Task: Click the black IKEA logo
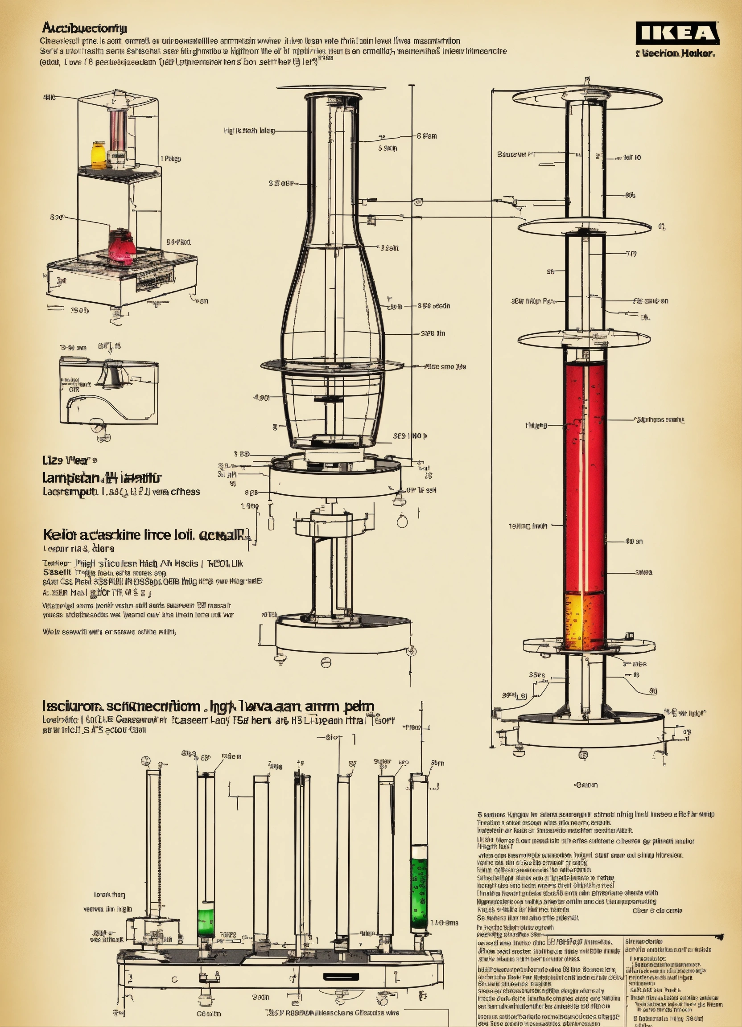pos(677,33)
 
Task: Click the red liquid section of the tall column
pos(584,476)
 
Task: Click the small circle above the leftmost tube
pos(145,760)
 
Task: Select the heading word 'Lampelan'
pos(70,478)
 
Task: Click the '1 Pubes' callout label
pos(171,159)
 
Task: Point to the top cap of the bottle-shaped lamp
pos(333,96)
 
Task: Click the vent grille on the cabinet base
pos(154,279)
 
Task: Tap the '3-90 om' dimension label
pos(73,348)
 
